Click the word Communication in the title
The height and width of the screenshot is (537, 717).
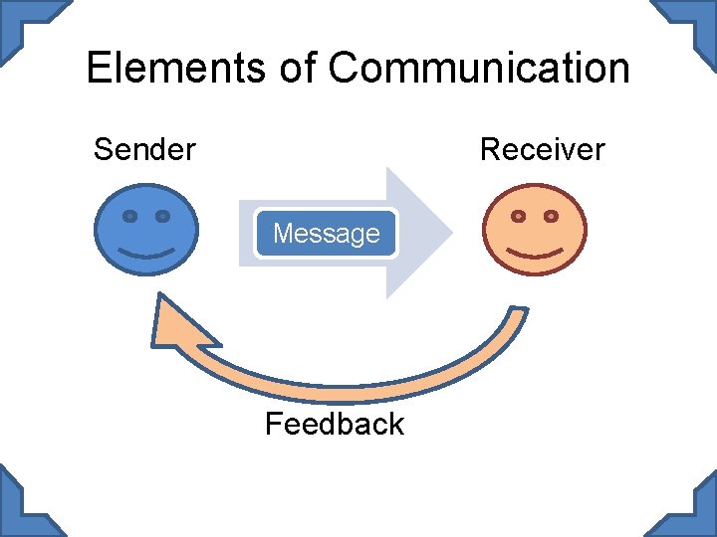[479, 69]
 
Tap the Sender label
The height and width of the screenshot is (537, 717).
[144, 150]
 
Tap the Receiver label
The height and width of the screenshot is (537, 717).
[542, 150]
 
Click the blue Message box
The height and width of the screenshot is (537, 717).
[326, 234]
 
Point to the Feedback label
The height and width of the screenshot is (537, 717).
[334, 425]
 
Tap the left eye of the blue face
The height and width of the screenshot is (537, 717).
[130, 216]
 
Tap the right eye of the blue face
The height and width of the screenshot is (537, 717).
[163, 216]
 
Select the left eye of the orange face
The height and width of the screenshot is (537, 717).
[519, 216]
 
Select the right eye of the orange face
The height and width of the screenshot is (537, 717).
[551, 216]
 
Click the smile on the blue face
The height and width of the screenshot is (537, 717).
[146, 252]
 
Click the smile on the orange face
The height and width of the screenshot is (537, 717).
[535, 252]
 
